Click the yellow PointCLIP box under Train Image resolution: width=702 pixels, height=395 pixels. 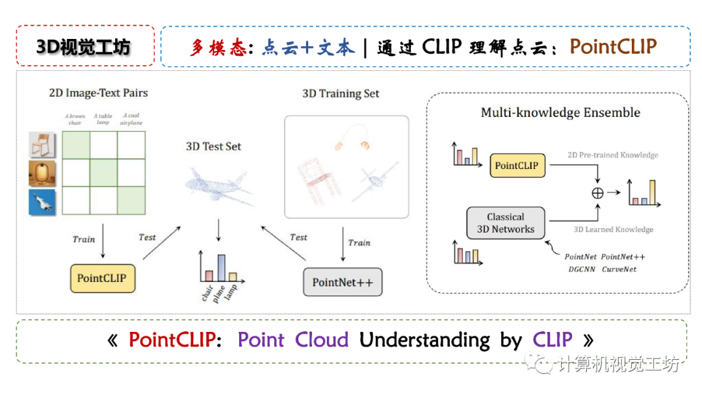101,278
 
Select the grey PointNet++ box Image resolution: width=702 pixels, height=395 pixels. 343,282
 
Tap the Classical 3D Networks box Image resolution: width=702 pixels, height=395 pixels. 506,223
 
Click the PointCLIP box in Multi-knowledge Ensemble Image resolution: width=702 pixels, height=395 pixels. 517,166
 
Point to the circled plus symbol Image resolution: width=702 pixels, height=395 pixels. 597,192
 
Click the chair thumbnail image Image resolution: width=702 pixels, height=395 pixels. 42,144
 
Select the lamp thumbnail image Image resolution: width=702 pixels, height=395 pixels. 42,173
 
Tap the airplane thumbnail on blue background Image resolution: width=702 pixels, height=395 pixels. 42,202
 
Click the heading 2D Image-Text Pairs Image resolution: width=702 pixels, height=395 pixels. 98,93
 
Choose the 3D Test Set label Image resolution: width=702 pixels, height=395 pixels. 213,146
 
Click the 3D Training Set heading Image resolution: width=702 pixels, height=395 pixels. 341,94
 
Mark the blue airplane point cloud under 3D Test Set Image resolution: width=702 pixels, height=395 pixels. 218,186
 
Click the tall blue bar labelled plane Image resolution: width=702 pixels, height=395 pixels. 221,266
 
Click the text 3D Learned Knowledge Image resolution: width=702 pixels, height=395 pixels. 614,229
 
